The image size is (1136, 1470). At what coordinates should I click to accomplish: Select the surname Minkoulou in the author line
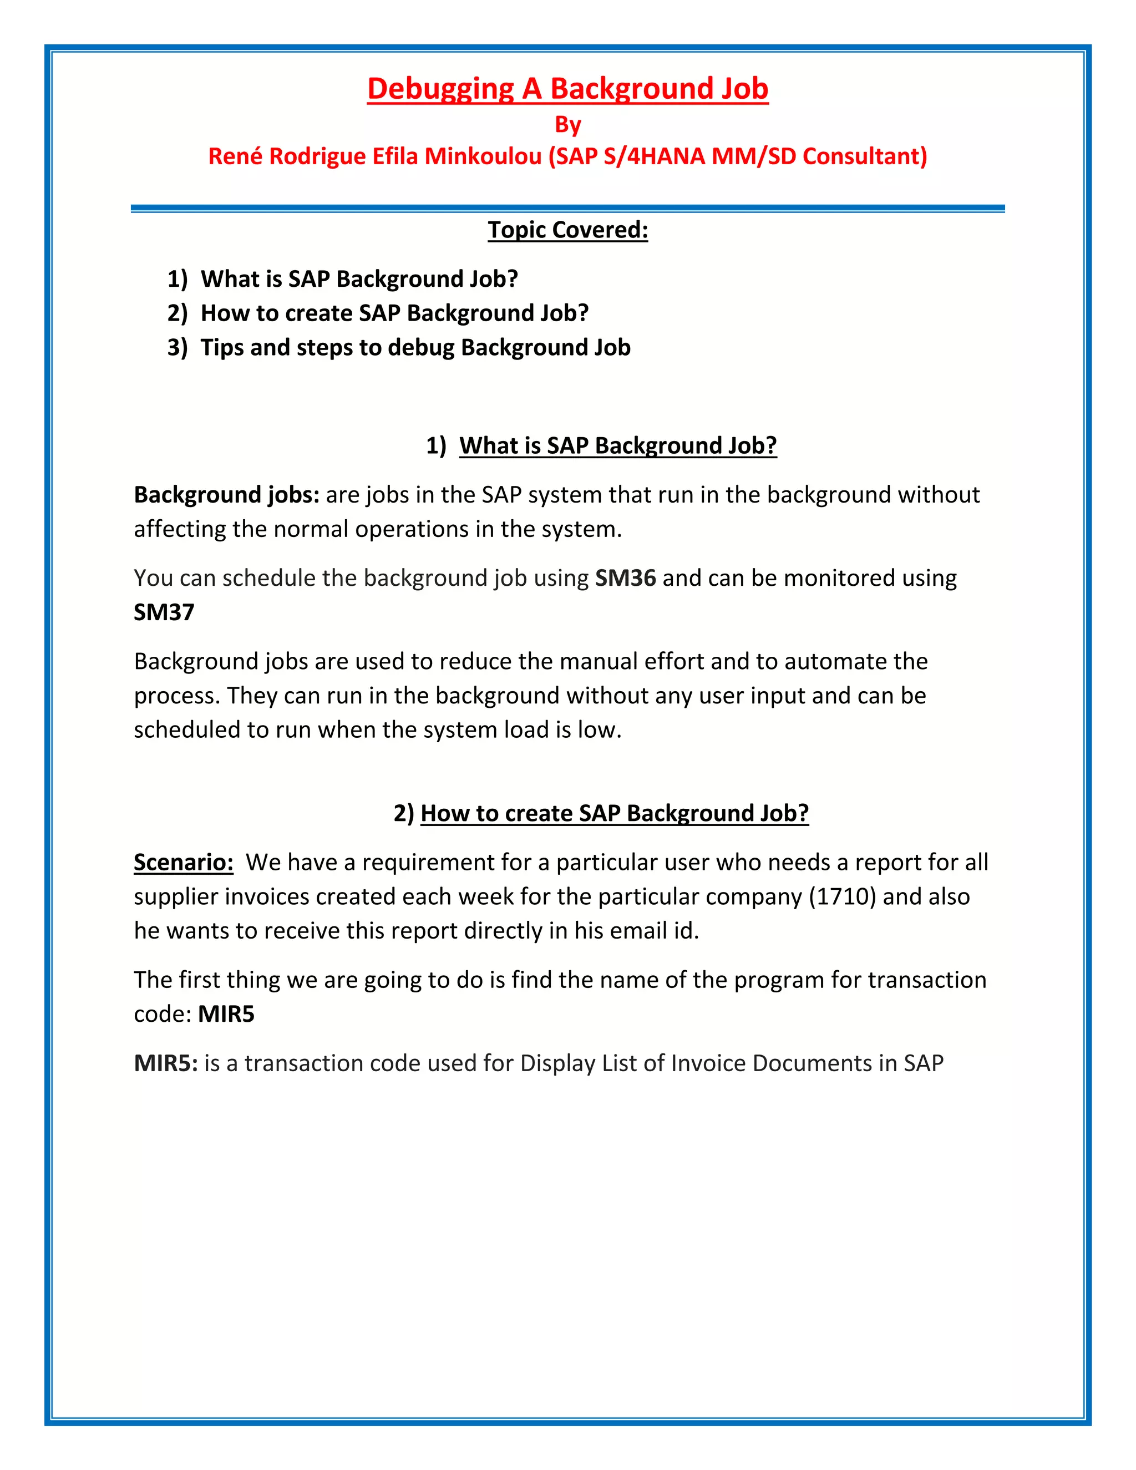click(483, 156)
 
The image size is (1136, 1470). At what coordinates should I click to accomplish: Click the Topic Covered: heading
click(567, 230)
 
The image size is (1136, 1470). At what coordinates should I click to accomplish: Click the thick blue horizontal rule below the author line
click(567, 209)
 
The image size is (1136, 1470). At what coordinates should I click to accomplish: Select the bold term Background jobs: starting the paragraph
click(226, 495)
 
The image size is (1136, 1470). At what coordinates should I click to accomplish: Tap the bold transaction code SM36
click(625, 578)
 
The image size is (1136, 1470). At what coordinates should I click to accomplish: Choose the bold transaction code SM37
click(164, 612)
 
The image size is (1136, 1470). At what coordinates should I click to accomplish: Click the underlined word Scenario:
click(183, 862)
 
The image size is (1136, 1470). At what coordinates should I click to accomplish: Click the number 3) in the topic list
click(177, 347)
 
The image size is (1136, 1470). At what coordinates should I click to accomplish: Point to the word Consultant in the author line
click(865, 156)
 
